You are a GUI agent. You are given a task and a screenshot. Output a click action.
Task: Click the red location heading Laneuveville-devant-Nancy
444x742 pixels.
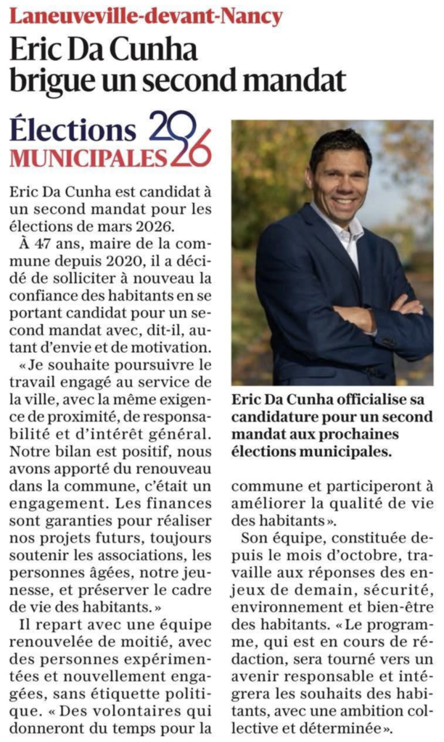coord(146,15)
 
